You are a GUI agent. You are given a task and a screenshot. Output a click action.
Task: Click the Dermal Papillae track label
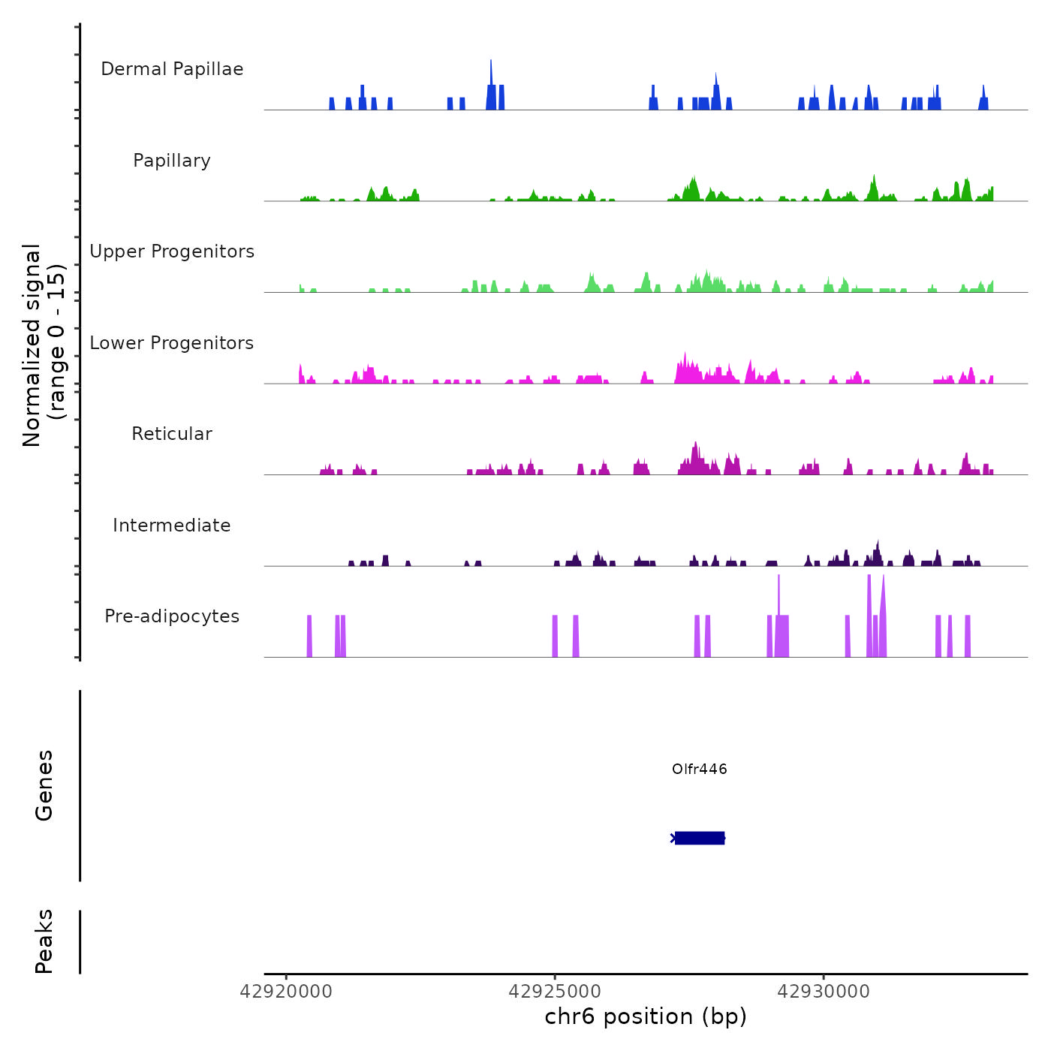pyautogui.click(x=172, y=69)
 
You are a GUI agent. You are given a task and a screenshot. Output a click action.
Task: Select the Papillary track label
pyautogui.click(x=172, y=161)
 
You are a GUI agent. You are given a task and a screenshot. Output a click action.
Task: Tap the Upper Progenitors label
pyautogui.click(x=172, y=251)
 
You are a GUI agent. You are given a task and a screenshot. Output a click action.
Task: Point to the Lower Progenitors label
pyautogui.click(x=172, y=343)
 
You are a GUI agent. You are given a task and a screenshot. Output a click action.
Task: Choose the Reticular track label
pyautogui.click(x=172, y=434)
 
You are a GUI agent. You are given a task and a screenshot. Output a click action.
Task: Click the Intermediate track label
pyautogui.click(x=172, y=525)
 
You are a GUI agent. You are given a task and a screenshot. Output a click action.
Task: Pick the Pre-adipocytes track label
pyautogui.click(x=172, y=616)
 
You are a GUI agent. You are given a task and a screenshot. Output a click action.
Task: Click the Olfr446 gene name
pyautogui.click(x=699, y=769)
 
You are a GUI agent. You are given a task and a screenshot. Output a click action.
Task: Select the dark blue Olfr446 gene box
pyautogui.click(x=699, y=838)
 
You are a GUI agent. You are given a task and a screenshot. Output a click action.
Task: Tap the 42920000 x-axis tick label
pyautogui.click(x=286, y=992)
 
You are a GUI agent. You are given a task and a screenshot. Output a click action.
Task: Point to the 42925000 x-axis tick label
pyautogui.click(x=555, y=992)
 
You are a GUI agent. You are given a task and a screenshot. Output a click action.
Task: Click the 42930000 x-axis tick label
pyautogui.click(x=824, y=992)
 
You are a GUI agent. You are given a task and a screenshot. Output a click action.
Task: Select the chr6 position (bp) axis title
pyautogui.click(x=646, y=1016)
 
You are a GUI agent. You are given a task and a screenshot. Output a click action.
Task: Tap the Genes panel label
pyautogui.click(x=44, y=785)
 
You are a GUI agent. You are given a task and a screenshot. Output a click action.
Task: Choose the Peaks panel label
pyautogui.click(x=44, y=941)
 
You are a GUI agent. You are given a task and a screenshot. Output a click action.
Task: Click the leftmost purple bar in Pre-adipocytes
pyautogui.click(x=309, y=636)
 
